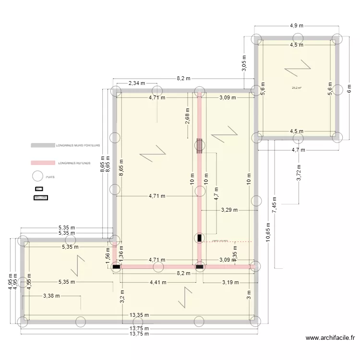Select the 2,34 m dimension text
pos(137,84)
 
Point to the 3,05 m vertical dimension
pos(244,63)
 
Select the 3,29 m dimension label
pos(229,210)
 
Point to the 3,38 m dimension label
pos(52,296)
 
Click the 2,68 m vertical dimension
pos(187,117)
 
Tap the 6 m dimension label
pos(348,88)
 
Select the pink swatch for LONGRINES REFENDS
pos(43,163)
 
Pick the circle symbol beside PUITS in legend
pos(38,177)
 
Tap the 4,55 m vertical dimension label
pos(29,283)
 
